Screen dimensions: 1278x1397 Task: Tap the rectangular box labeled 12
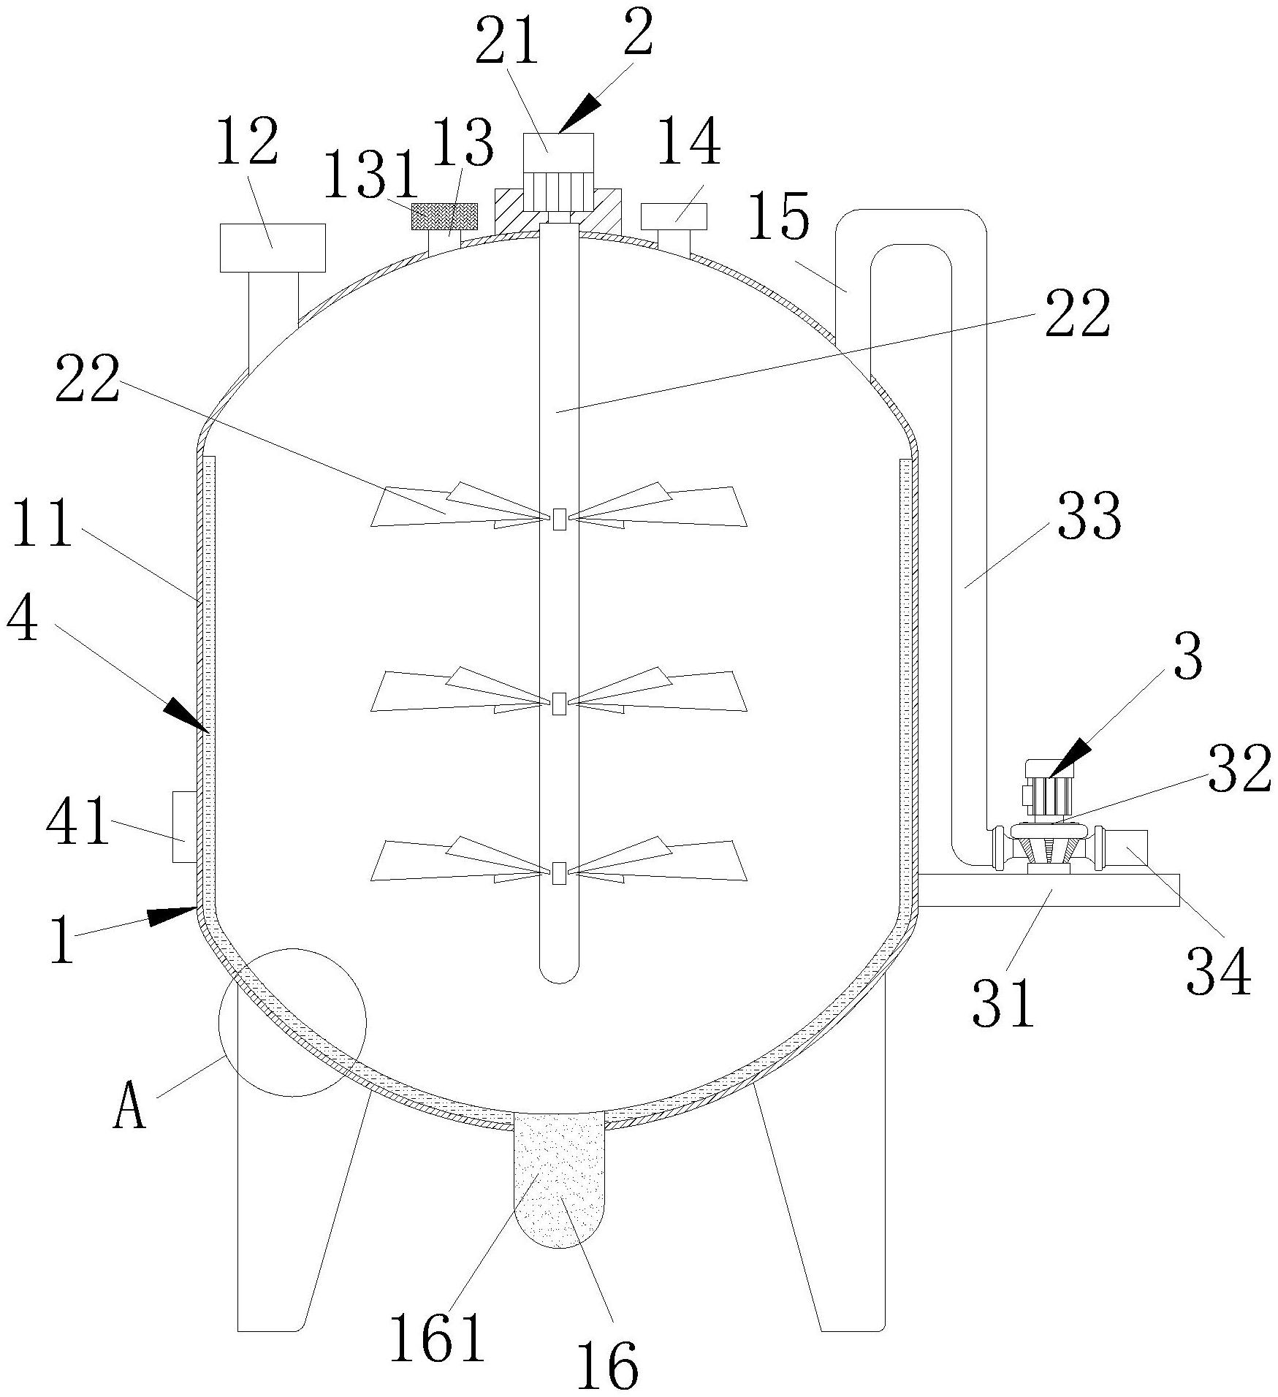273,248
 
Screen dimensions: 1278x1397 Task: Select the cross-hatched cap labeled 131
444,216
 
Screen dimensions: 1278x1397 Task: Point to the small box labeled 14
674,216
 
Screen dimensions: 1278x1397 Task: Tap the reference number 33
1087,515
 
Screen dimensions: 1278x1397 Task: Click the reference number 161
437,1336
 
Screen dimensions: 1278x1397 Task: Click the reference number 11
42,522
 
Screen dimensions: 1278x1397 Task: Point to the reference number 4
22,617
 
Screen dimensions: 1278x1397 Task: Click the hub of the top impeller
559,519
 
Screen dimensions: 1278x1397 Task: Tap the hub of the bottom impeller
559,872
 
